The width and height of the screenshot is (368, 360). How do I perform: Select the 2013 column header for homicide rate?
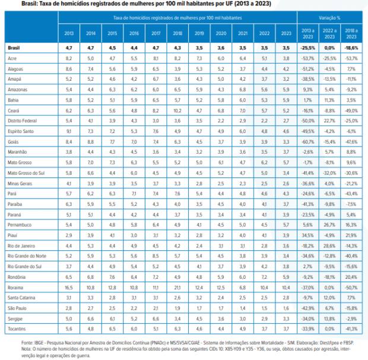[69, 33]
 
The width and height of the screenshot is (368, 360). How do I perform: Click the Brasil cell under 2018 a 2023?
[352, 47]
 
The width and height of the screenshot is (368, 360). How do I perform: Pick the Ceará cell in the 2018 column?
[177, 110]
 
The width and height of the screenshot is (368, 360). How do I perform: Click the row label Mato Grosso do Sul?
[26, 173]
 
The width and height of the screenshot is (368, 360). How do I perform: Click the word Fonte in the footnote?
[27, 343]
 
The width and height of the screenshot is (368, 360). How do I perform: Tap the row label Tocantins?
[18, 328]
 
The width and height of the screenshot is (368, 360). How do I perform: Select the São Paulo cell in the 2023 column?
[286, 308]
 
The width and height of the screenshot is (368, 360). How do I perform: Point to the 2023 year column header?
[286, 33]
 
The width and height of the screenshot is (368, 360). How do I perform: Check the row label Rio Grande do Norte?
[27, 255]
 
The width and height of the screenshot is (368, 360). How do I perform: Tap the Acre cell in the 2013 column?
[69, 58]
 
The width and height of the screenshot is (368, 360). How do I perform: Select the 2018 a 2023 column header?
[352, 33]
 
